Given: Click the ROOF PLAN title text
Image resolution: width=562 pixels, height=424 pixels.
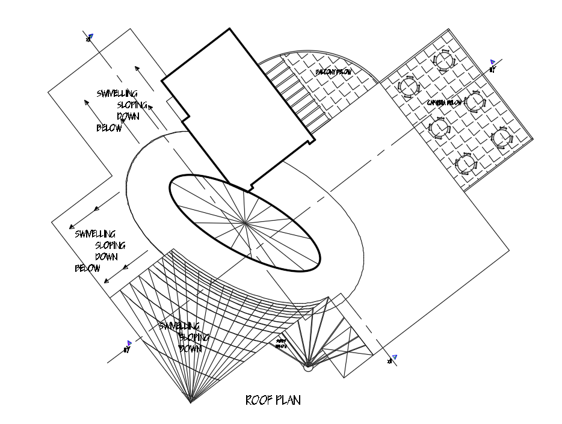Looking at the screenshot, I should coord(273,400).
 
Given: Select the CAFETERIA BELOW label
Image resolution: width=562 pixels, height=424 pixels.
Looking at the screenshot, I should coord(445,103).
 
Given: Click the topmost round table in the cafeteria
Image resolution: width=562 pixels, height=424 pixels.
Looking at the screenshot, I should coord(445,60).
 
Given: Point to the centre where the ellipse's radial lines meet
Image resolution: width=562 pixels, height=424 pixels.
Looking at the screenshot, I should coord(245,224).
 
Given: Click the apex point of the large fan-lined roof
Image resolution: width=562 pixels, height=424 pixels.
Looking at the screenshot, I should coord(191,401).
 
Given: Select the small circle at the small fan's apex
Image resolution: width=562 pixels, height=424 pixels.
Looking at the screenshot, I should coord(308,367).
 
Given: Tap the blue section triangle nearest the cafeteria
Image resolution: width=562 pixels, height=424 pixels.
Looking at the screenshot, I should coord(493,61).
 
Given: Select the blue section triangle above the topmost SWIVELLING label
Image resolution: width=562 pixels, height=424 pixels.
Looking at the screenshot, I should coord(91,36).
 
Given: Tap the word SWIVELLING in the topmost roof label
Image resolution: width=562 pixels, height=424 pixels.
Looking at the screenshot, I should coord(117,94).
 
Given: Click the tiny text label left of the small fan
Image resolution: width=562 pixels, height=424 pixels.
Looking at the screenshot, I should coord(281,343).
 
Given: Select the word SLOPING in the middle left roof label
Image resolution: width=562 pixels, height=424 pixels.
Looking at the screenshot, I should coord(110,245).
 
